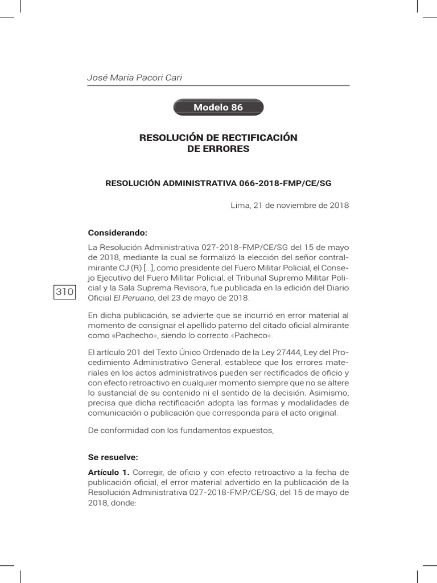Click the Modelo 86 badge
(218, 108)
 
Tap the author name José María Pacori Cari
(135, 78)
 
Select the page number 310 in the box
(64, 292)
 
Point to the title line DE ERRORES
(218, 149)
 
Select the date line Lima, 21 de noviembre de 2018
(289, 206)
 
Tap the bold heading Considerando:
(117, 233)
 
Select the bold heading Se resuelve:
(113, 457)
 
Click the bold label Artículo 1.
(109, 472)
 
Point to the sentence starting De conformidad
(181, 430)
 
